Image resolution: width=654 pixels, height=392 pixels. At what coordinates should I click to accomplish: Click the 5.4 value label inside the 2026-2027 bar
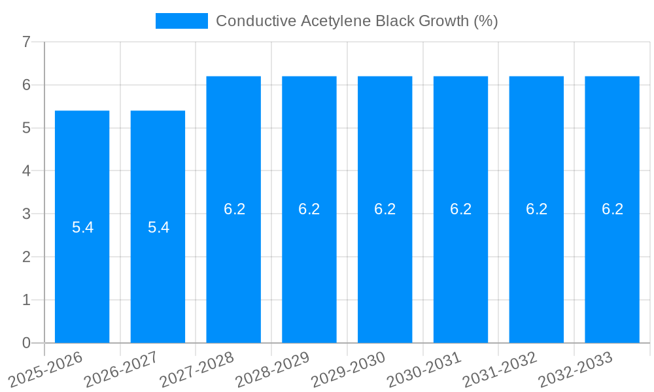[x=158, y=227]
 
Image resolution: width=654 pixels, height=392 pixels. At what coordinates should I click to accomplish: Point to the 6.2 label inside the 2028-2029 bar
[x=309, y=209]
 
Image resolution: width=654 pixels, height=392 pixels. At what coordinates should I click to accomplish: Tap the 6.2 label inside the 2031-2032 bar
[x=536, y=209]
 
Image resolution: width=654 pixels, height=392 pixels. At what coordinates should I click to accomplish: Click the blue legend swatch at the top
[x=181, y=21]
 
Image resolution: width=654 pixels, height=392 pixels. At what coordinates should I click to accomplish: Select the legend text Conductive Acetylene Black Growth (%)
[x=356, y=21]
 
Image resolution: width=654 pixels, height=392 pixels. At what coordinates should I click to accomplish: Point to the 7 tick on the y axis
[x=26, y=42]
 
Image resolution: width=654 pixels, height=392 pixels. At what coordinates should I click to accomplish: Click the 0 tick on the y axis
[x=26, y=343]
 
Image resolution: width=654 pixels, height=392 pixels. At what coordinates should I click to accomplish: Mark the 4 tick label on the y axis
[x=26, y=171]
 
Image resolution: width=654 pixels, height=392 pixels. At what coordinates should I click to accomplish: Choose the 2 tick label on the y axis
[x=26, y=257]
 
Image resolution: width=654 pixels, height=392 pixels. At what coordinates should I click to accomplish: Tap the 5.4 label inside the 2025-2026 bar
[x=82, y=227]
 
